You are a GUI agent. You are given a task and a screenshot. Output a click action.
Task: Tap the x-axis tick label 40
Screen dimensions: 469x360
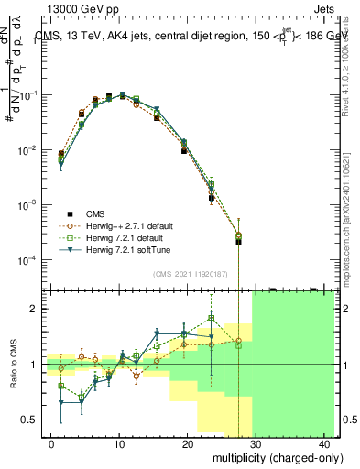(x=325, y=444)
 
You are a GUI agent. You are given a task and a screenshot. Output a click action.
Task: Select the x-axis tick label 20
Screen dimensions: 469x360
(x=188, y=444)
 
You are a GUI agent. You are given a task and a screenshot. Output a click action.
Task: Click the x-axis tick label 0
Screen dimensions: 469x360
(x=51, y=444)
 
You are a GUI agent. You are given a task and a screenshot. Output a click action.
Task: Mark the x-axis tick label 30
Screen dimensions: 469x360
(x=256, y=444)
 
